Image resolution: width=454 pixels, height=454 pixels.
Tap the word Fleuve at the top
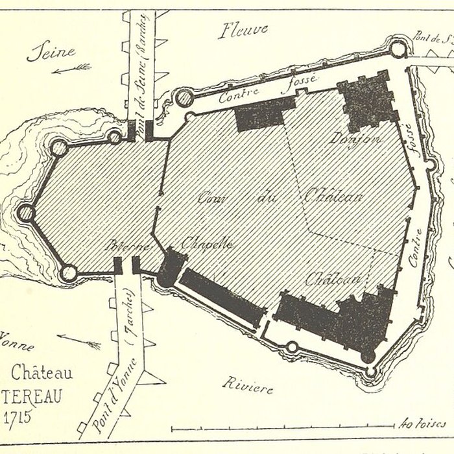(x=245, y=30)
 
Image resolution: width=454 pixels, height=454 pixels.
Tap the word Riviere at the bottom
(x=246, y=387)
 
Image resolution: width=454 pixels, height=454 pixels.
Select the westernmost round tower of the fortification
(x=27, y=212)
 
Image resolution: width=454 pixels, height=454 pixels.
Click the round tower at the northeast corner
(x=396, y=47)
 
